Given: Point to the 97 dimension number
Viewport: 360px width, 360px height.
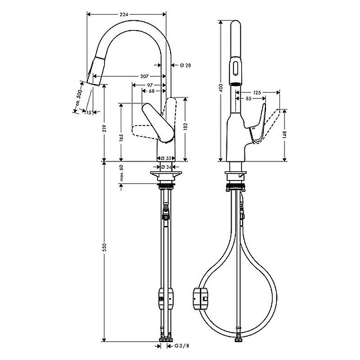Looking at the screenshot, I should click(x=150, y=85).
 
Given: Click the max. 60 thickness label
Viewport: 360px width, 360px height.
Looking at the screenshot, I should click(x=121, y=175).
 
